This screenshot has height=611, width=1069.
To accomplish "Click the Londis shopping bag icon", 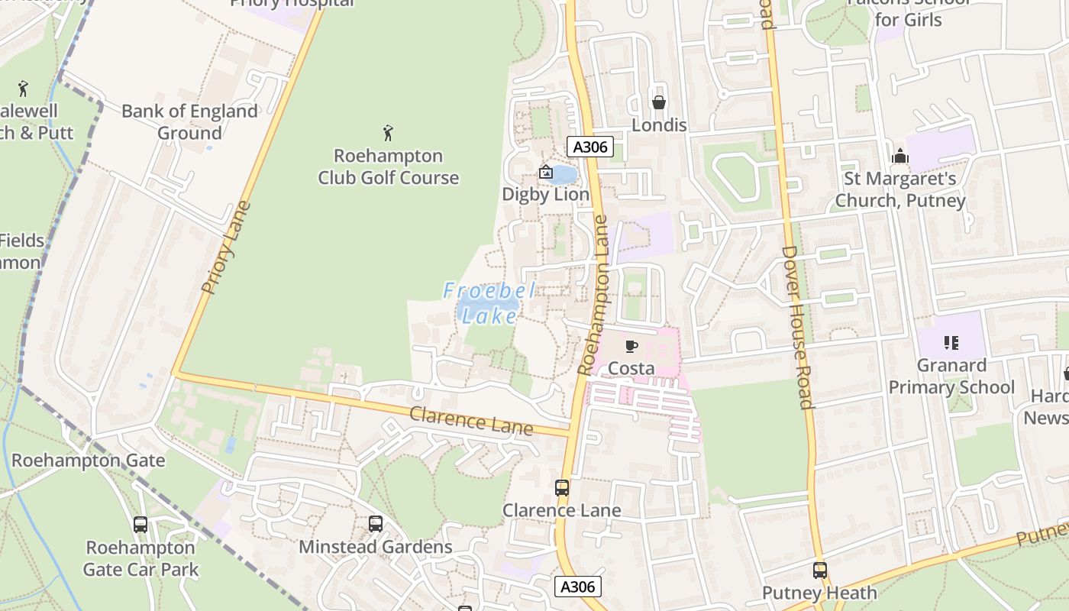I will click(658, 102).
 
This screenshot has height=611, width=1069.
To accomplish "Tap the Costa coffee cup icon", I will click(631, 347).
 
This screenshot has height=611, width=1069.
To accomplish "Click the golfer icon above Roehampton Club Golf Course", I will click(388, 134).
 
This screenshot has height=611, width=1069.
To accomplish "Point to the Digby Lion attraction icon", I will click(546, 173).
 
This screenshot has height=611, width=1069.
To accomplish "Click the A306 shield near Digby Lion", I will click(590, 147).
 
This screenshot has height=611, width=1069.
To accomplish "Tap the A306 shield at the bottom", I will click(577, 587).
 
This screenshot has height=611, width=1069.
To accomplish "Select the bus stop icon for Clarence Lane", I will click(562, 487).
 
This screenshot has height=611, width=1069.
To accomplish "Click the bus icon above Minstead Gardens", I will click(375, 524).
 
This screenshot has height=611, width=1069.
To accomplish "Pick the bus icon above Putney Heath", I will click(819, 571).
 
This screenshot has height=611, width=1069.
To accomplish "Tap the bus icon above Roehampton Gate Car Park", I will click(140, 525).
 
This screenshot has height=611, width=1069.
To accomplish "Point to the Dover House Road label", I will click(797, 327).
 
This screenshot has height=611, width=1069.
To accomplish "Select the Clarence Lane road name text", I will click(471, 422).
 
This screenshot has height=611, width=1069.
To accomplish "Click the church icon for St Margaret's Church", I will click(900, 157).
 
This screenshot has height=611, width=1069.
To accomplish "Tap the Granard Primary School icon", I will click(951, 342).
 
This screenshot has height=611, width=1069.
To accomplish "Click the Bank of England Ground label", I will click(189, 122).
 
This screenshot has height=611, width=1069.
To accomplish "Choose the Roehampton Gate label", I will click(88, 461).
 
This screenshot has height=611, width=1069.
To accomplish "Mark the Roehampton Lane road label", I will click(593, 295).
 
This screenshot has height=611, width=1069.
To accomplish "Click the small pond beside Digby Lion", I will click(564, 176).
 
